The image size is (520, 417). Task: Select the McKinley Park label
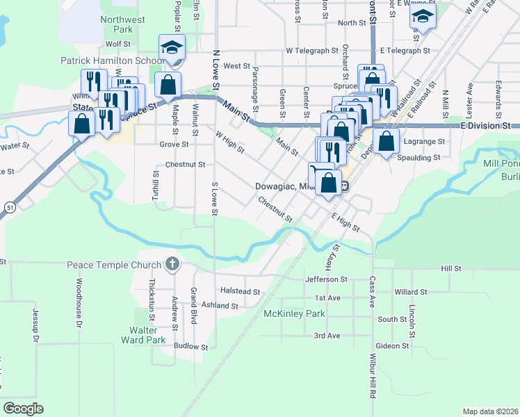(294, 314)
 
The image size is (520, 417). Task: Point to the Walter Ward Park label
(143, 335)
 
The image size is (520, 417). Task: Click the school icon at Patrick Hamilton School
(172, 48)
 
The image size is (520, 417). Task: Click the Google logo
(24, 408)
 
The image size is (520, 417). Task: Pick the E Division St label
(486, 126)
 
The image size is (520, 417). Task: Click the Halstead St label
(240, 293)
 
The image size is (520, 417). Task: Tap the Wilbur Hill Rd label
(373, 373)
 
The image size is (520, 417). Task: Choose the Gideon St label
(392, 345)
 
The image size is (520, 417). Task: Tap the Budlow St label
(191, 346)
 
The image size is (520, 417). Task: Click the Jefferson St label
(326, 279)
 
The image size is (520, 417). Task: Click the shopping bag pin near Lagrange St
(386, 140)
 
